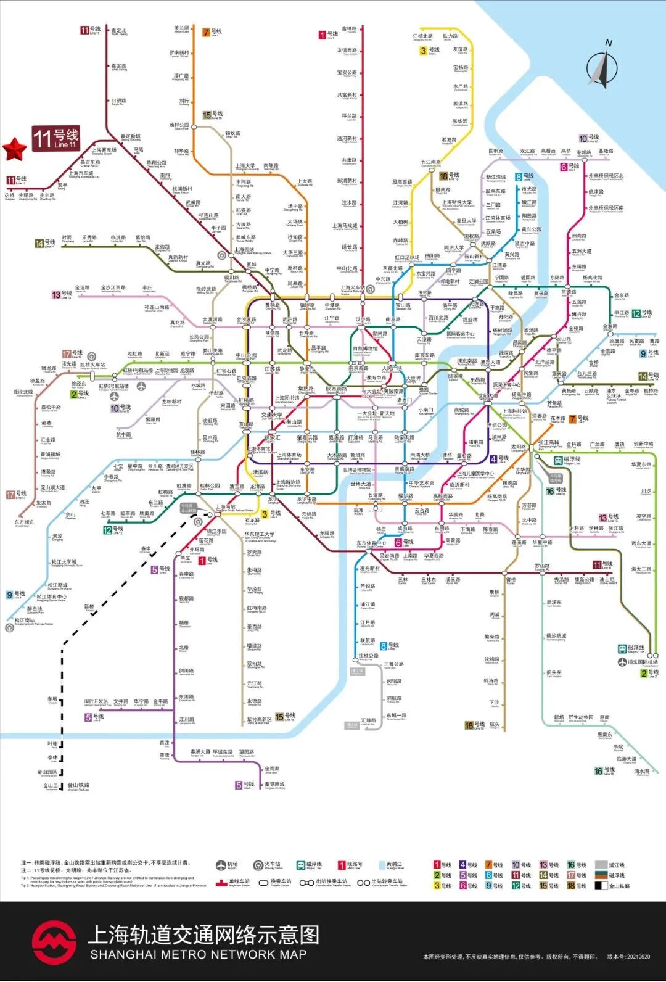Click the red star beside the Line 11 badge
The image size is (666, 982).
tap(15, 148)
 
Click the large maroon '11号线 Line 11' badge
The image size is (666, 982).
tap(56, 138)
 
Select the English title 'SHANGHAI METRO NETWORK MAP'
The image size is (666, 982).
tap(198, 954)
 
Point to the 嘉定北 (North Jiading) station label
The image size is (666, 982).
tap(119, 31)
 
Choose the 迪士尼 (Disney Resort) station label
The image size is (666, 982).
tap(607, 580)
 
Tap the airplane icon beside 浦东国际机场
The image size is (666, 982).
tap(622, 662)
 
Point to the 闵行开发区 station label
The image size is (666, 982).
tap(97, 702)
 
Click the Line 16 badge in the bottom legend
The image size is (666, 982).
tap(571, 865)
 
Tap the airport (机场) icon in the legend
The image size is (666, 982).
tap(221, 865)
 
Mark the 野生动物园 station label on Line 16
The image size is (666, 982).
tap(580, 717)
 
